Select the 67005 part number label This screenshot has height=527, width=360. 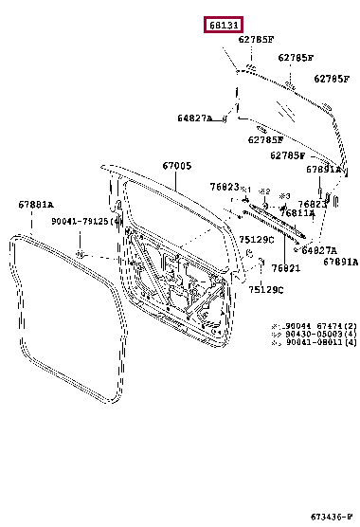[x=176, y=166]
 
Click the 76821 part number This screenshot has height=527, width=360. [x=260, y=269]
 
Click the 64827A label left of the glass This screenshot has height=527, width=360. [x=194, y=118]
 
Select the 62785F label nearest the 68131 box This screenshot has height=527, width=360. [x=256, y=40]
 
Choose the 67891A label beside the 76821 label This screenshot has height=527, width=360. [x=340, y=261]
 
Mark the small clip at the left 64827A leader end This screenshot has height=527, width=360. [x=225, y=119]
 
